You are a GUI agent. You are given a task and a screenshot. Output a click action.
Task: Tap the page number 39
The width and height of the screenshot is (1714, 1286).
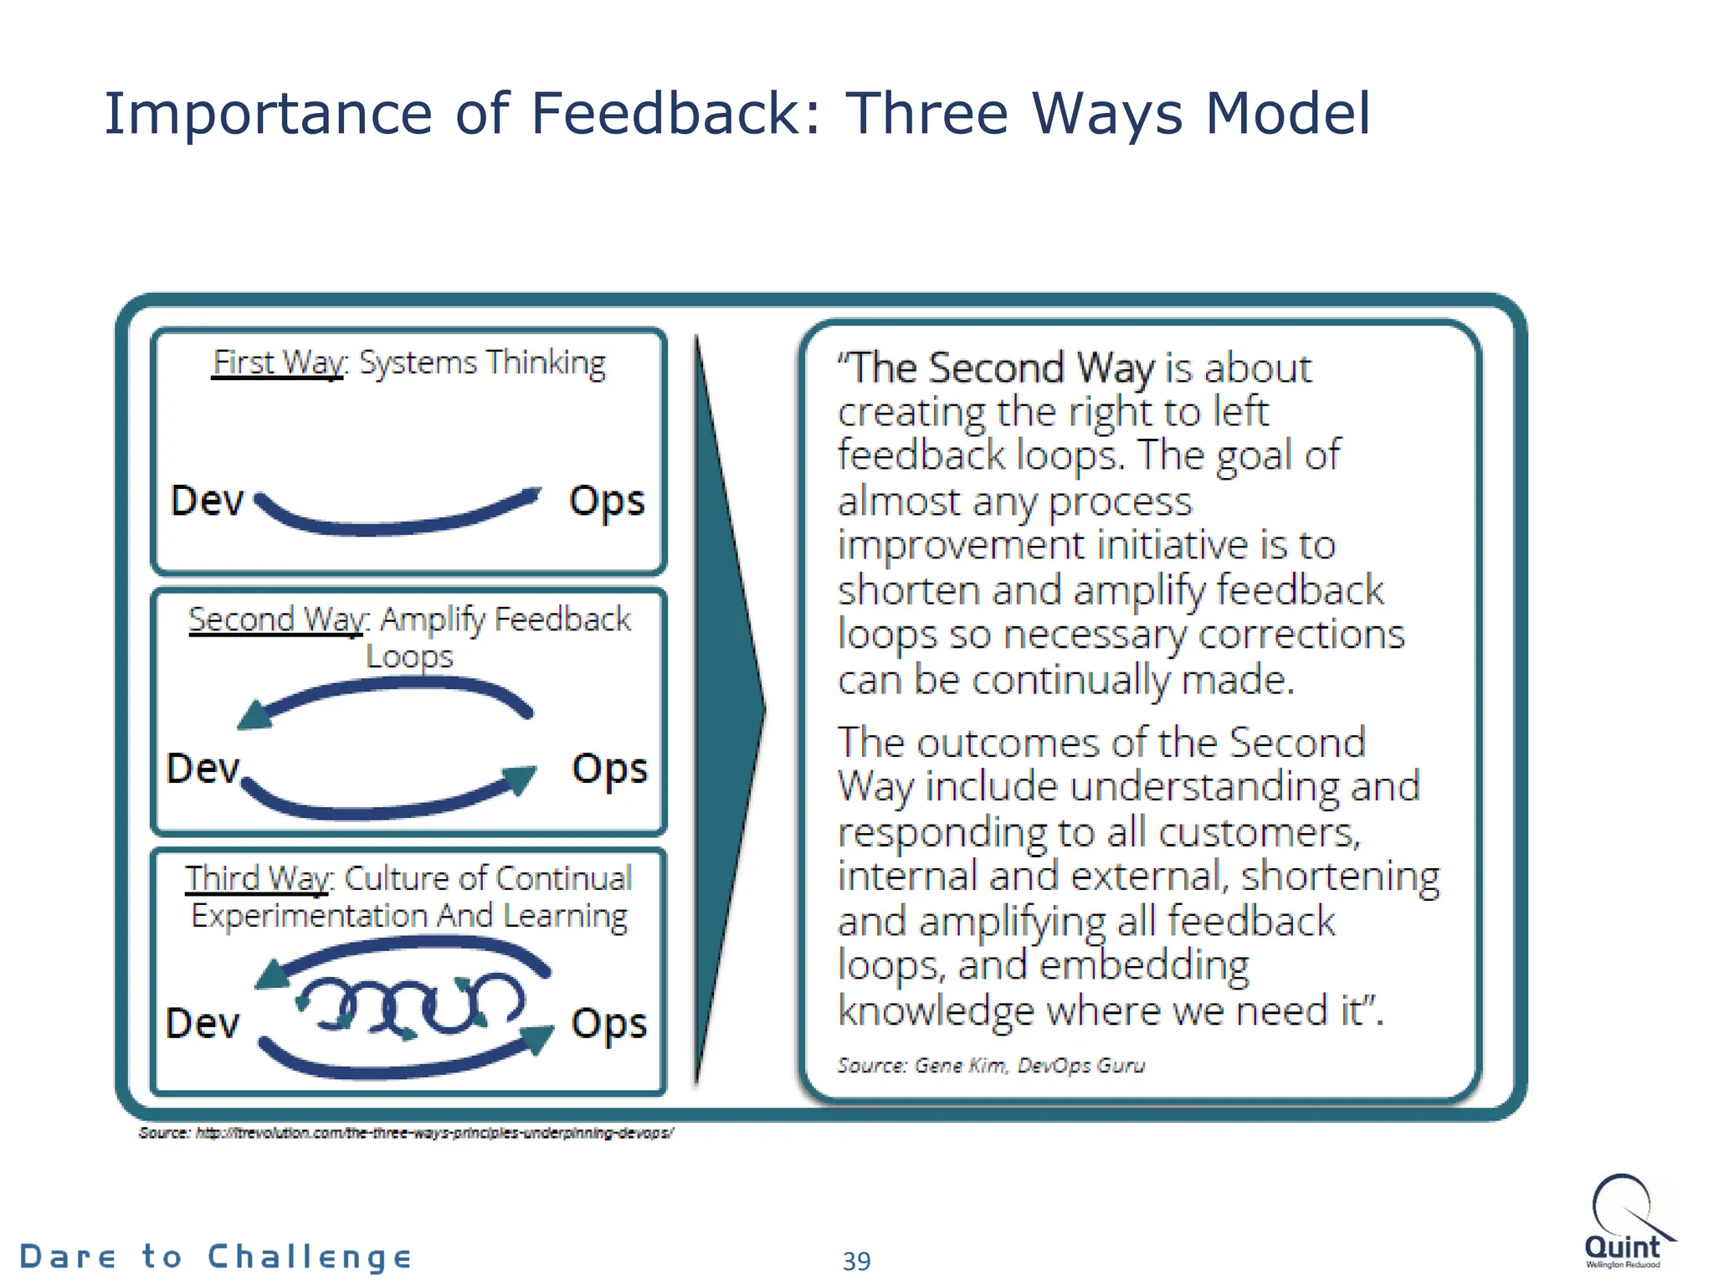(856, 1260)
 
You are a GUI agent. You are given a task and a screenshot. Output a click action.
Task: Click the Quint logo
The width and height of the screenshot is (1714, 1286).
(1624, 1222)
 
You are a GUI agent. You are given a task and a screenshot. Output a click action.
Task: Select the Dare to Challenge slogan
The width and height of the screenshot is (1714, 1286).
(215, 1257)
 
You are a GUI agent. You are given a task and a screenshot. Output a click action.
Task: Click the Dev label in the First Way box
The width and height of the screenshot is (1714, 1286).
(207, 501)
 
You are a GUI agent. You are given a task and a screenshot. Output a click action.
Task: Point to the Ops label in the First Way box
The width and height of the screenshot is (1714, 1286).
(607, 502)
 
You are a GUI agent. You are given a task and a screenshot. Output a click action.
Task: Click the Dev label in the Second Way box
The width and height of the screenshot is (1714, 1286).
(203, 769)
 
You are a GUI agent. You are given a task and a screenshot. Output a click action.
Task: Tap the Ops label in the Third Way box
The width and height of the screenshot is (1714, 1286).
(608, 1024)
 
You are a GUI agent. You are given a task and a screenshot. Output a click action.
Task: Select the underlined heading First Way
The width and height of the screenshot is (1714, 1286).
(277, 363)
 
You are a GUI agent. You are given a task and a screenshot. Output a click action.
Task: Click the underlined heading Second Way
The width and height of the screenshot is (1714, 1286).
(276, 620)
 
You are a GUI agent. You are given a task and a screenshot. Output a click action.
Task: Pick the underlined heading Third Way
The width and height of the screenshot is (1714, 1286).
(258, 878)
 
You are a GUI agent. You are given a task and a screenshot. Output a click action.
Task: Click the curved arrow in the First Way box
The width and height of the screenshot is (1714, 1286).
(393, 523)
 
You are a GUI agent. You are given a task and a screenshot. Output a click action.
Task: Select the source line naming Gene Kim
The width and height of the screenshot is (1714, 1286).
(991, 1066)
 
